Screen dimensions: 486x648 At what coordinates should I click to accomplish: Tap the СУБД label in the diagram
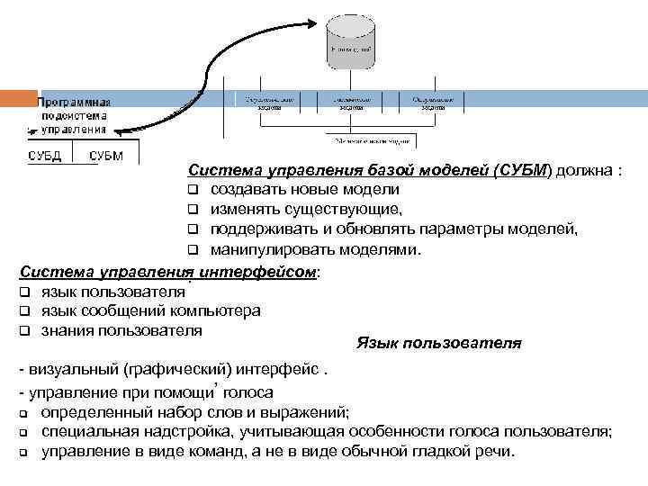(x=44, y=156)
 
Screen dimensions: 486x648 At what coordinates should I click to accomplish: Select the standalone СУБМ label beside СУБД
(x=106, y=156)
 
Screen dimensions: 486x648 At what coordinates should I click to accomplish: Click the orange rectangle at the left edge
(x=18, y=100)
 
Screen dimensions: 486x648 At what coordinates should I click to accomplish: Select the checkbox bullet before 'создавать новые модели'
(x=192, y=190)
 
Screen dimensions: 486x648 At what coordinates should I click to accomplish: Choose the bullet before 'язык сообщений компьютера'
(x=24, y=310)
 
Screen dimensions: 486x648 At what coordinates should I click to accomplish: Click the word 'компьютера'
(x=219, y=310)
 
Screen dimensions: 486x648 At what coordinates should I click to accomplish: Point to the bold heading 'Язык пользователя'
(x=438, y=343)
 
